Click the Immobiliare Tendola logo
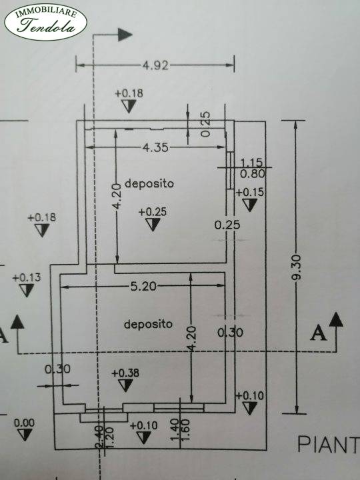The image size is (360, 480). pos(45,22)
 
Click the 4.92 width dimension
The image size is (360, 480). pos(155,65)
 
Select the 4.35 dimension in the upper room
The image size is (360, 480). pos(155,147)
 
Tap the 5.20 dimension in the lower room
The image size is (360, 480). pos(143,286)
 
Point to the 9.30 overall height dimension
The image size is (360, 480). pos(296,267)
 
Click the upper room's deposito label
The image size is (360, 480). pos(149,183)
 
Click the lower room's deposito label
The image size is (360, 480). pos(148,324)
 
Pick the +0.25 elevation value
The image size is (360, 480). pos(153,212)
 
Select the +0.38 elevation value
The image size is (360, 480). pos(125,373)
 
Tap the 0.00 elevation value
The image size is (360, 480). pos(24,423)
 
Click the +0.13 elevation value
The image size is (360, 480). pos(26,277)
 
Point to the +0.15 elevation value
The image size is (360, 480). pos(249,192)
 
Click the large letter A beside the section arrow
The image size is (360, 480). pos(319,333)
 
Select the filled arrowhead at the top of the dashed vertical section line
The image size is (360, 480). pos(125,35)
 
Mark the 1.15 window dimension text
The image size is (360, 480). pos(251,162)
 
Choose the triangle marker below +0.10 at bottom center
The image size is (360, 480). pos(143,437)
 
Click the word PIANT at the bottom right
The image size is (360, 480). pos(328,444)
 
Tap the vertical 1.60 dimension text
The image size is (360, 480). pos(185,429)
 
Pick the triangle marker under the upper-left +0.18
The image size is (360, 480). pos(42,230)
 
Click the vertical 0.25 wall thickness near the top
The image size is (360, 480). pos(206,124)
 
